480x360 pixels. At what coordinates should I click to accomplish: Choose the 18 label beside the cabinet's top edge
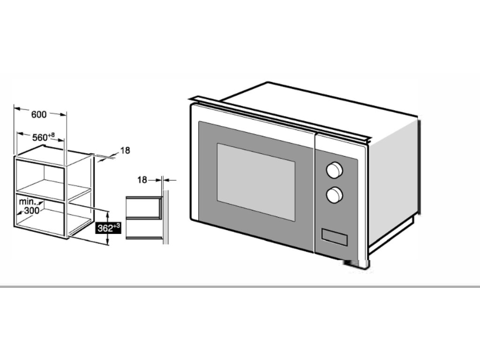pyautogui.click(x=125, y=150)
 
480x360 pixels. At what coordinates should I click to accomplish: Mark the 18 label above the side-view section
pyautogui.click(x=142, y=179)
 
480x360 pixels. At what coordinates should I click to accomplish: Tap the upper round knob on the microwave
pyautogui.click(x=334, y=170)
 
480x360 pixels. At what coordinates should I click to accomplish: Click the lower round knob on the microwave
pyautogui.click(x=334, y=195)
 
